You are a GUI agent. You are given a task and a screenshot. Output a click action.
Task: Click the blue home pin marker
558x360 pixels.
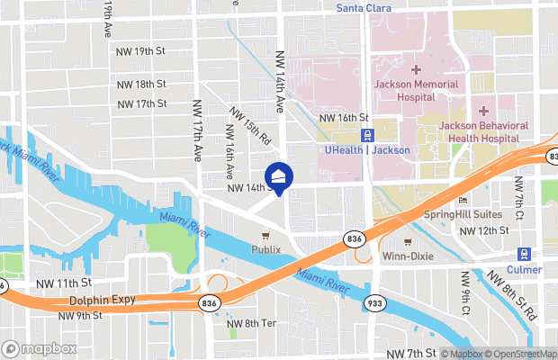[279, 176]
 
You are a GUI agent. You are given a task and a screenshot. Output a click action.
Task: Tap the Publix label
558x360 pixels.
[265, 249]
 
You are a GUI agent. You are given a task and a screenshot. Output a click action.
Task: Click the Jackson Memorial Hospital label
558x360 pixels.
[416, 90]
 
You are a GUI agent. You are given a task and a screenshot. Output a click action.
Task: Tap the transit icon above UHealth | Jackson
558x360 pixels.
[367, 134]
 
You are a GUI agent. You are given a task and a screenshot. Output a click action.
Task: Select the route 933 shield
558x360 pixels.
[376, 304]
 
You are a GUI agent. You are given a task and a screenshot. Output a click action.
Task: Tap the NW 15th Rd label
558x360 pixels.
[250, 127]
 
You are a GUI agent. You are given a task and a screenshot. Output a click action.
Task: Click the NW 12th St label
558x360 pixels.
[483, 231]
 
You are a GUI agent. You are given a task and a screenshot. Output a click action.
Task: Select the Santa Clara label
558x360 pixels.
[365, 8]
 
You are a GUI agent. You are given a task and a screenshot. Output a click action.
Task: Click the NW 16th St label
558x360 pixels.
[346, 118]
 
